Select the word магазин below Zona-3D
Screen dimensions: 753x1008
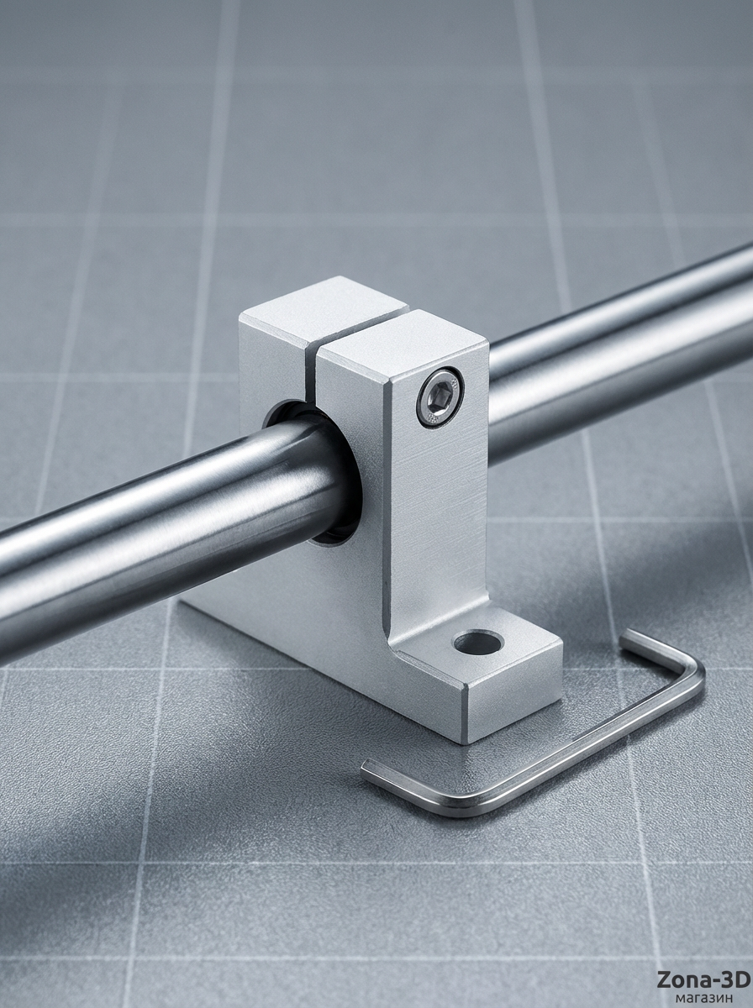point(704,999)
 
